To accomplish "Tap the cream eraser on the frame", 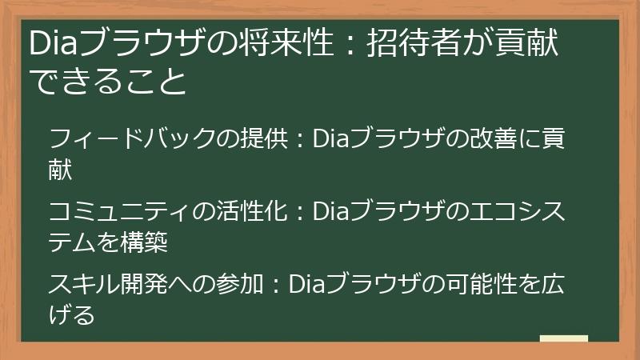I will click(x=564, y=338).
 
